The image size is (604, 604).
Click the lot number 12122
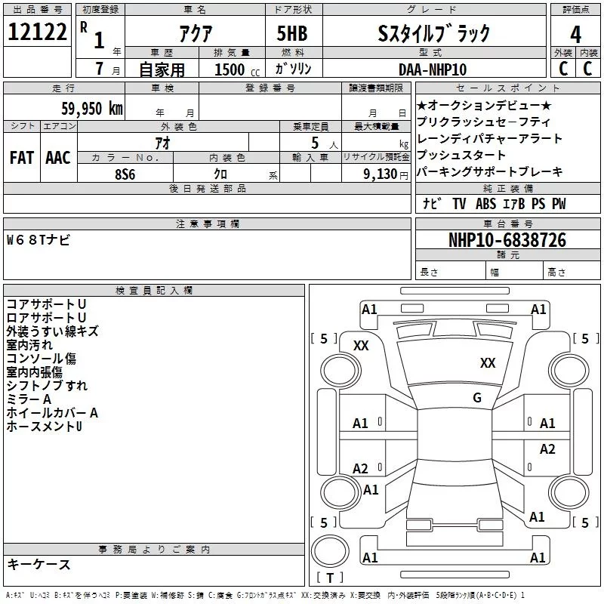point(37,33)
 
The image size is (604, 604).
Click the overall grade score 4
point(576,34)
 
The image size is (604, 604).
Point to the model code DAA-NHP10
point(433,69)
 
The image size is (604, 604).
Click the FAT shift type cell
point(21,158)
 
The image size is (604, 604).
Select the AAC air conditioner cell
point(58,158)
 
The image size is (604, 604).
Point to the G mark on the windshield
point(476,398)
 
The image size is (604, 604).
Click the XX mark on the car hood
point(488,363)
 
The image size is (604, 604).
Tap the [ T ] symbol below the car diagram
point(329,578)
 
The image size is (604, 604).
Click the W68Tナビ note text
point(39,240)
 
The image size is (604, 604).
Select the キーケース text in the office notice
point(39,564)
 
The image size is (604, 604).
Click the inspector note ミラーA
point(29,399)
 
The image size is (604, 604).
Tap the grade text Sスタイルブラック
point(433,34)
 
